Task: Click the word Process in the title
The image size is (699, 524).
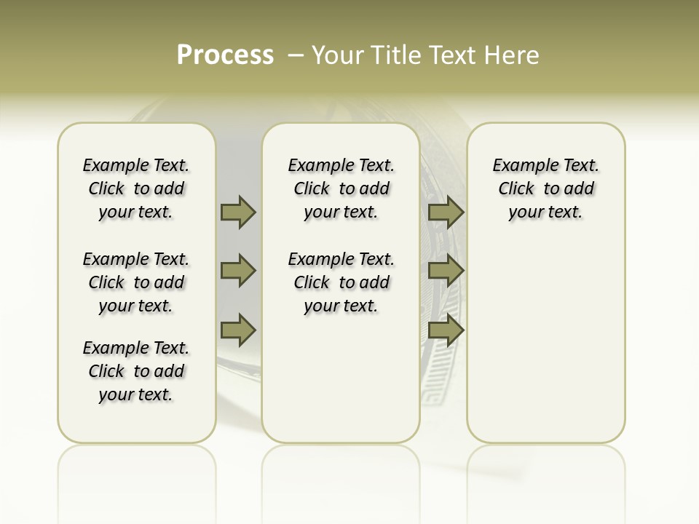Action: coord(225,55)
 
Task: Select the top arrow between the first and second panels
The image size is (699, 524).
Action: coord(238,213)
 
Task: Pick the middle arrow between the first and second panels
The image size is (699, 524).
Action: coord(238,271)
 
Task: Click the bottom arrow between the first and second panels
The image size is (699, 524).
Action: coord(238,331)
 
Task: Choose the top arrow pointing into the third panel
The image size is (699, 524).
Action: coord(446,213)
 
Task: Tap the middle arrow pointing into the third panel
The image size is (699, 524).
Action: coord(446,271)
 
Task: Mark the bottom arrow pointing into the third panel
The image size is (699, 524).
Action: coord(446,331)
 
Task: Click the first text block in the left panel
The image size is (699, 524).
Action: coord(136,188)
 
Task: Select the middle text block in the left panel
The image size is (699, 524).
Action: coord(136,282)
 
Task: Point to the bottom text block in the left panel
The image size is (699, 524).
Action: coord(136,371)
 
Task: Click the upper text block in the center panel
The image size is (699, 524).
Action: coord(341,188)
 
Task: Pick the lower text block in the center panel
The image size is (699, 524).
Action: coord(341,282)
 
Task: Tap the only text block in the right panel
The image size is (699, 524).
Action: coord(546,188)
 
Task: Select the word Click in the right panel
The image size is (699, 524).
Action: coord(516,189)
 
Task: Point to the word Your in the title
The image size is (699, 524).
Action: coord(336,55)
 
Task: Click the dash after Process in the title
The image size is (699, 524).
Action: coord(296,55)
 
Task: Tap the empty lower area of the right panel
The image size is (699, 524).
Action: coord(546,342)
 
